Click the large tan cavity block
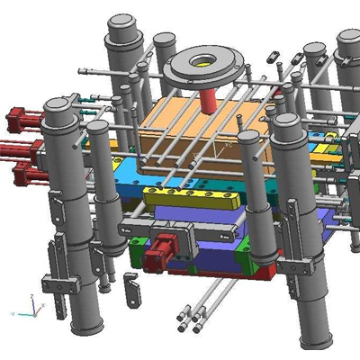[x=180, y=126]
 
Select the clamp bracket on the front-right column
[x=301, y=261]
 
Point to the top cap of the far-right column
[x=349, y=40]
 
